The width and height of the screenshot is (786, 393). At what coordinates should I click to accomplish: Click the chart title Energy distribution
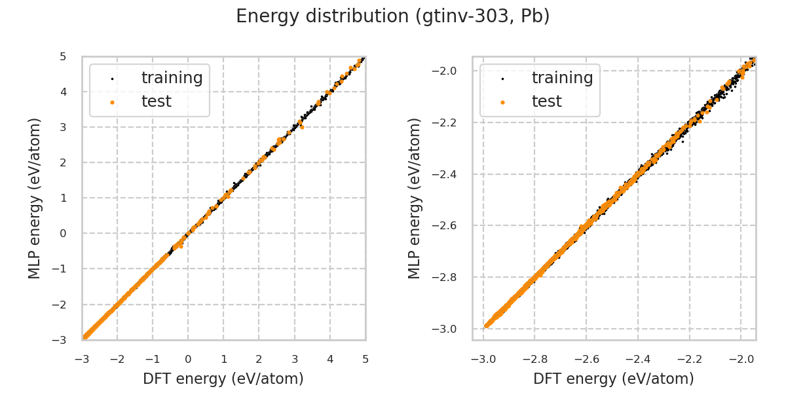(393, 16)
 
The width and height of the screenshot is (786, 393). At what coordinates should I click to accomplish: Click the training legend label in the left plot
(172, 78)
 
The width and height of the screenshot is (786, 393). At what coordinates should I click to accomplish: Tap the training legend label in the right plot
(562, 78)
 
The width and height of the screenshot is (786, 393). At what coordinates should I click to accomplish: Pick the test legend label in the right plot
(546, 102)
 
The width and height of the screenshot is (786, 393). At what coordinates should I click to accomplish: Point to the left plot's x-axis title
(223, 379)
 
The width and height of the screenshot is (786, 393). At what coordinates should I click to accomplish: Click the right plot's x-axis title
(614, 379)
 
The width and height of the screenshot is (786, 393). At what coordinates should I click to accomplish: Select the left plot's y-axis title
(35, 198)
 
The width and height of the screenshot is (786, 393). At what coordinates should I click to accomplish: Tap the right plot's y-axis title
(415, 198)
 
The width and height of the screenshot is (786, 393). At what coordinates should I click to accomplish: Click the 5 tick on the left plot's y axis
(63, 56)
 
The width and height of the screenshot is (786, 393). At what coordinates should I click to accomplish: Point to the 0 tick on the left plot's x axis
(188, 359)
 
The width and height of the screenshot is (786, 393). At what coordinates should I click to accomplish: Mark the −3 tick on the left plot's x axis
(82, 359)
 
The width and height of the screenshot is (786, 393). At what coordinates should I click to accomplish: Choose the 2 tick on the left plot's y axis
(63, 162)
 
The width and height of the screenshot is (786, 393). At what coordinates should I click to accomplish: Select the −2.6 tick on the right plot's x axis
(586, 359)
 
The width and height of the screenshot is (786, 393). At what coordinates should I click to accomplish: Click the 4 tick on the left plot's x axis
(330, 359)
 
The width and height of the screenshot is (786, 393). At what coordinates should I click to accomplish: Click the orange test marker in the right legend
(502, 102)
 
